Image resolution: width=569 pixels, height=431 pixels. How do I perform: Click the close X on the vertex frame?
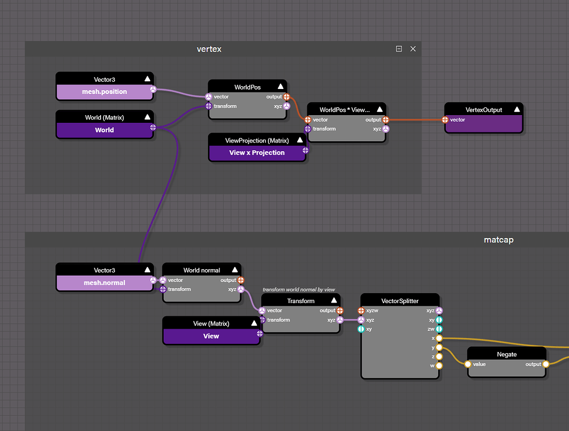pos(413,49)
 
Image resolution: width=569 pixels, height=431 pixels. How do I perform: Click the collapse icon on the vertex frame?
pos(399,49)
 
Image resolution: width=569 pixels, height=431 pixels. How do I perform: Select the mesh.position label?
pos(104,92)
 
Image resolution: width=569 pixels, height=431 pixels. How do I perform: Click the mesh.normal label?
pos(104,283)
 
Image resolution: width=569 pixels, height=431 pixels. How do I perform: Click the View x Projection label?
pos(257,152)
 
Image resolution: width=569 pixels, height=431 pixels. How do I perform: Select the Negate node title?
pos(506,354)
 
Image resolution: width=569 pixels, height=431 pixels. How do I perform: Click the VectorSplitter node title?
pos(400,301)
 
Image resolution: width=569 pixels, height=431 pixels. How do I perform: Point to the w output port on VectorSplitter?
pos(439,366)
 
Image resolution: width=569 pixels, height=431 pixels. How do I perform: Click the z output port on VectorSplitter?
pos(439,356)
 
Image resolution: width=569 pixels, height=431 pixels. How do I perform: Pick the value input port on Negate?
pos(468,364)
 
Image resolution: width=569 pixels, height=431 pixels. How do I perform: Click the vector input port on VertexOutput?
pos(445,120)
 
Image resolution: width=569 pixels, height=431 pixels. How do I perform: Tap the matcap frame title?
pos(498,240)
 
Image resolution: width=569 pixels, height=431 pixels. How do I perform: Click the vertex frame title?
pos(209,49)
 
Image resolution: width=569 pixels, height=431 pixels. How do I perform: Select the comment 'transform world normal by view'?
pos(298,290)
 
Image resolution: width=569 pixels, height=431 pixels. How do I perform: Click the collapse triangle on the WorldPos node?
pos(281,87)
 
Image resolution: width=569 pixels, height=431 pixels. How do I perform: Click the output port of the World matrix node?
pos(153,127)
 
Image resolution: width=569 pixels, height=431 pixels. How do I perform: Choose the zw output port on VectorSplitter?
pos(439,329)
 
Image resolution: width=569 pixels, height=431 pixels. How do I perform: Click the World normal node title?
pos(202,270)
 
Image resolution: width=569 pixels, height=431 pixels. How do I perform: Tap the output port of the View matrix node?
pos(259,334)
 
